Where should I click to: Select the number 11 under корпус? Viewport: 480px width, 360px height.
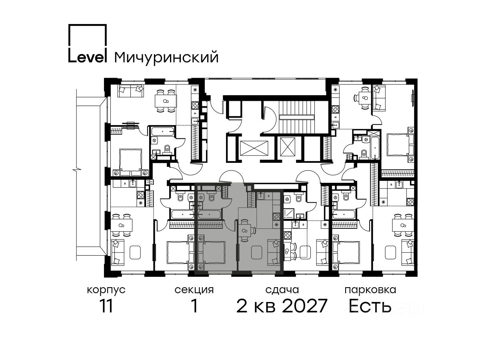point(106,306)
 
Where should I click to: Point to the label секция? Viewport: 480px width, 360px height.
point(194,290)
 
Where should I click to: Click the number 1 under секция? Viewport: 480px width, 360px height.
point(194,306)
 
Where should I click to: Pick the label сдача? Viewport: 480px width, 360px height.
point(282,290)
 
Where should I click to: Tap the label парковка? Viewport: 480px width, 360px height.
point(370,290)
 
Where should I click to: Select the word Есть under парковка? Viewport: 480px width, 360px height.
point(370,306)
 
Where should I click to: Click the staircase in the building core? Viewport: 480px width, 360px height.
point(296,117)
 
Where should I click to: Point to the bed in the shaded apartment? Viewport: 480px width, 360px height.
point(212,252)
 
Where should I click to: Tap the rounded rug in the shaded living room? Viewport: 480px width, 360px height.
point(257,252)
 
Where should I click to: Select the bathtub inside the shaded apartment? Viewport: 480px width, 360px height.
point(209,214)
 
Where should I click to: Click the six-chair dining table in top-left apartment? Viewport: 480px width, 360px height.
point(166,101)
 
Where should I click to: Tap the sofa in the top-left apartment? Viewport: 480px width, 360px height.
point(131,91)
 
